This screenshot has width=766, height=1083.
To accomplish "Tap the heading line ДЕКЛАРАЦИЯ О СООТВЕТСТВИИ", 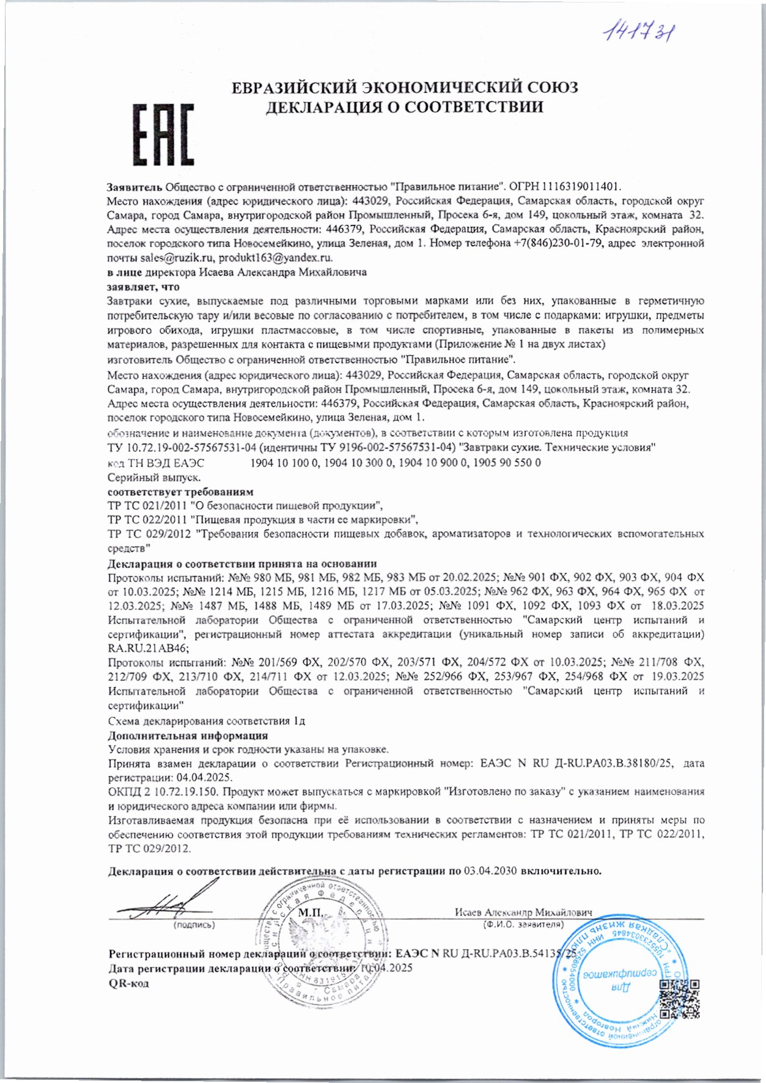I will [x=404, y=107].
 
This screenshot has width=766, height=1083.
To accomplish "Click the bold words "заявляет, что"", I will [x=144, y=287].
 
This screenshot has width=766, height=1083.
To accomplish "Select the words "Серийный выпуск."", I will [x=154, y=477].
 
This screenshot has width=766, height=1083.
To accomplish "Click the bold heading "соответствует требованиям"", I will [x=180, y=492].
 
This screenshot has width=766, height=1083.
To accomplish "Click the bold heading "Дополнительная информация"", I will [x=188, y=736].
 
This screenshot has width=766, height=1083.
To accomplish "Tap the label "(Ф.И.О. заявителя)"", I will [x=523, y=925].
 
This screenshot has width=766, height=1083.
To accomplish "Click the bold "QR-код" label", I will [x=128, y=983].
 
